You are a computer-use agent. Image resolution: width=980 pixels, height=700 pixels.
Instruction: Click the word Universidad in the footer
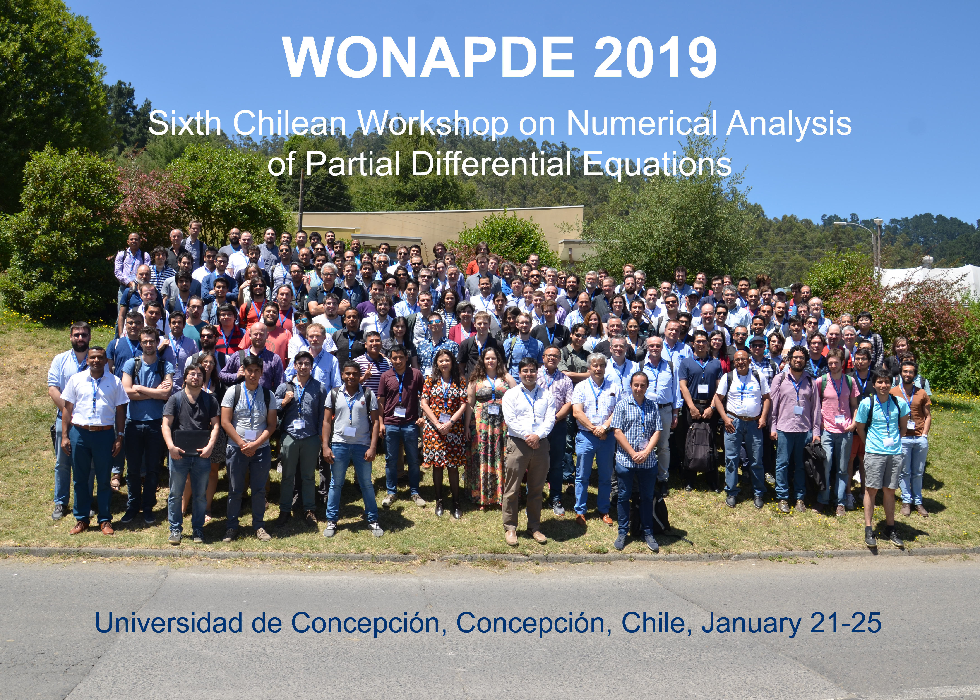pos(168,623)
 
